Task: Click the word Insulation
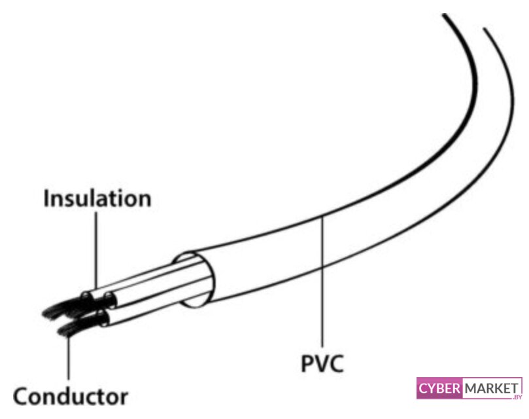coord(97,198)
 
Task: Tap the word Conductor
coord(71,396)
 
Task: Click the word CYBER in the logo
coord(439,389)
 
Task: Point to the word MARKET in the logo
coord(490,388)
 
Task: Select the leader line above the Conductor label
coord(68,357)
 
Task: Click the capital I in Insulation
coord(46,198)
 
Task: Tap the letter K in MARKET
coord(494,388)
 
